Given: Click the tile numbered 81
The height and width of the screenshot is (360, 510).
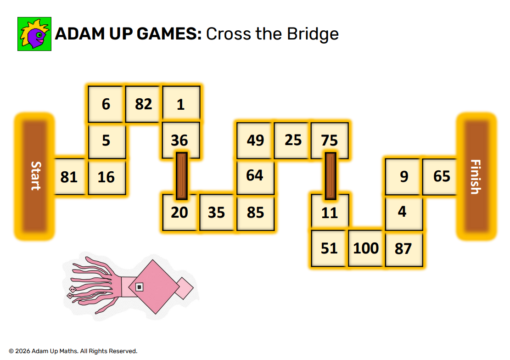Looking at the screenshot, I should pos(69,177).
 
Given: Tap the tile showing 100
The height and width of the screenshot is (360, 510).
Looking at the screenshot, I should pos(366,248).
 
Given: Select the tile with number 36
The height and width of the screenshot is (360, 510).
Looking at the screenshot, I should pos(181,140).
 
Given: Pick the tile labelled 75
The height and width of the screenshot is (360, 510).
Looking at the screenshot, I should pos(330,140).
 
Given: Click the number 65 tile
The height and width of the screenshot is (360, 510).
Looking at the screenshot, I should pos(441,177).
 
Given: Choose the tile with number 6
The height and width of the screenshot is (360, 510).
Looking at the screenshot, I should pos(106,104).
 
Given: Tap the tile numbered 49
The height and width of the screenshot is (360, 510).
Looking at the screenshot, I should pos(255,140).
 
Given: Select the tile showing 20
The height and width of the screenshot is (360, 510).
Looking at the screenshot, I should pos(179,213).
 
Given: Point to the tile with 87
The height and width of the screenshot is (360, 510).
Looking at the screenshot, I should pos(403,249).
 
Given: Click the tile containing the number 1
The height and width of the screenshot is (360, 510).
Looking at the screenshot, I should pos(181,104).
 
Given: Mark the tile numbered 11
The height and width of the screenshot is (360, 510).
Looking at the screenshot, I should pos(330,213).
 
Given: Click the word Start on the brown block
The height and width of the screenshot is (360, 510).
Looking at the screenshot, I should pos(35,176).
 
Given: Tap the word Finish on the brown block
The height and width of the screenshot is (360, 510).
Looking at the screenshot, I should pos(476,177).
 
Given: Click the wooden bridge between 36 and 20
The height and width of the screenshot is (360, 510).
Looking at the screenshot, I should pos(182,176).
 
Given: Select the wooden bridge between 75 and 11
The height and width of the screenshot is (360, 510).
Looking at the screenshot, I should pos(331,176).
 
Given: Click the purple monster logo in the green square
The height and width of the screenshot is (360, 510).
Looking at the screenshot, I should pos(34,34).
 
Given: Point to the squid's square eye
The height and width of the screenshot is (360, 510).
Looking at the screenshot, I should pos(140,287).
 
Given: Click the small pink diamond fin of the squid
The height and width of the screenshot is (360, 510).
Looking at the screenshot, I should pos(184,288).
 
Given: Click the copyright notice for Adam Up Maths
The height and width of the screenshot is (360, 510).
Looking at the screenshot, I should pos(73,351).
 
